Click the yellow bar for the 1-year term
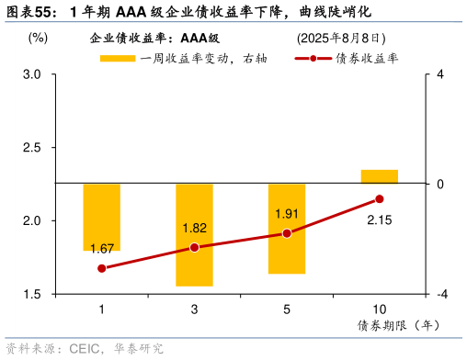click(x=102, y=217)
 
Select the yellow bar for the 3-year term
click(x=194, y=234)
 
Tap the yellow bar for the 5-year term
click(x=287, y=228)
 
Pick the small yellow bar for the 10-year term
click(x=379, y=176)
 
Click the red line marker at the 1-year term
click(x=102, y=268)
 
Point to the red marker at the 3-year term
click(x=194, y=247)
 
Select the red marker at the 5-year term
click(x=287, y=233)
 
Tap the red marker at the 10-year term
click(x=379, y=199)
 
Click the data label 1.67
click(x=102, y=249)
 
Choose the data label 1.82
click(x=194, y=228)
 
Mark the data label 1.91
click(x=288, y=214)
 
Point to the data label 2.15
click(x=380, y=219)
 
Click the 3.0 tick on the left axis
click(x=33, y=74)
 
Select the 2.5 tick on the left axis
click(x=33, y=148)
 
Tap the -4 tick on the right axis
click(x=441, y=295)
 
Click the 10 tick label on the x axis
click(x=379, y=309)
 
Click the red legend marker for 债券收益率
click(x=313, y=58)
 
